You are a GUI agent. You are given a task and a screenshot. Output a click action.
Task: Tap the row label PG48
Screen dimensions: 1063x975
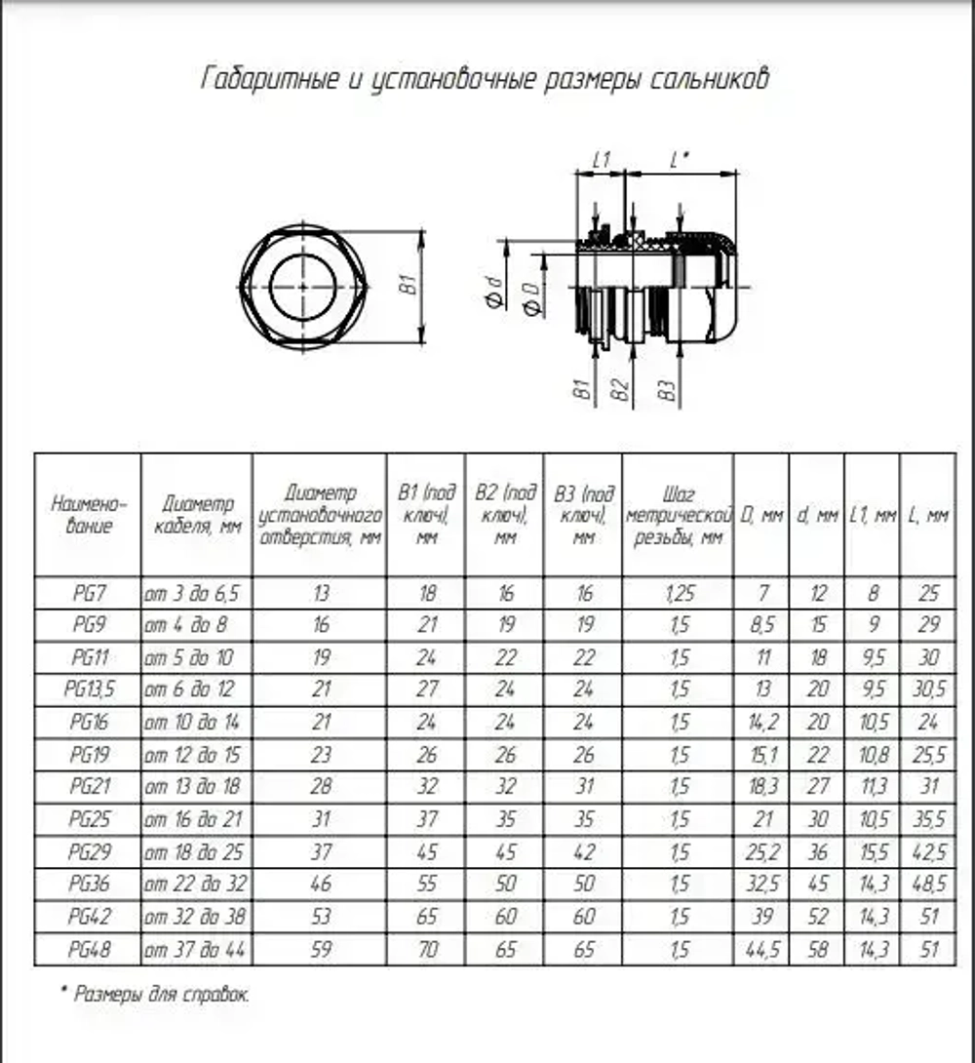point(88,948)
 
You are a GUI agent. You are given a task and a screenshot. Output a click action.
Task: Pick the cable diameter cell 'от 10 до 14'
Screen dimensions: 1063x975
point(192,723)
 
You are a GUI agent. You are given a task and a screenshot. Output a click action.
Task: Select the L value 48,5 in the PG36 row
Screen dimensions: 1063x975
point(926,884)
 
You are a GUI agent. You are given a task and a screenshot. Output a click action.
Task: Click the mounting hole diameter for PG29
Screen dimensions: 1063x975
point(320,851)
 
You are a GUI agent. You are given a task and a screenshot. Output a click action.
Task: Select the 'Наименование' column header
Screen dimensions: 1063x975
point(88,514)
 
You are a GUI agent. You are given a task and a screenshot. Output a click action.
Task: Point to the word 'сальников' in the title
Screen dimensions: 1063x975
point(709,78)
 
